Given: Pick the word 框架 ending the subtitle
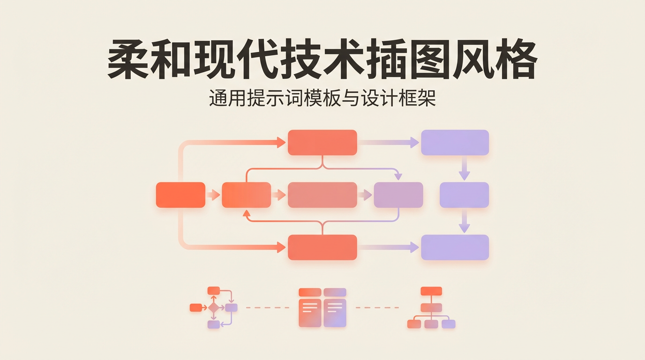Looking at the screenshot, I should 420,99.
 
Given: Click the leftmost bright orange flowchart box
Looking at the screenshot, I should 180,195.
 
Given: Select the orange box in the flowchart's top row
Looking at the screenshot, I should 322,142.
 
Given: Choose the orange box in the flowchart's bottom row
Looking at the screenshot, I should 322,247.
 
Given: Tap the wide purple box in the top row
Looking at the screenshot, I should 455,142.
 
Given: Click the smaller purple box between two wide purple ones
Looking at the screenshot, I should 464,195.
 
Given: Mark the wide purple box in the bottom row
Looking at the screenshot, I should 455,247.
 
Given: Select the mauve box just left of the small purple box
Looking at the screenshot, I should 398,195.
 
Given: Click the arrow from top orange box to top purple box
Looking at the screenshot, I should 389,142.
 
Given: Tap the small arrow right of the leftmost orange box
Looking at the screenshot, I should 213,195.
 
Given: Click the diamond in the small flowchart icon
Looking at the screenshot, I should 214,308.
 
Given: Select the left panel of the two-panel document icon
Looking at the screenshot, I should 310,312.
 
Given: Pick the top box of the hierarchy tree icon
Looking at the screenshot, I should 431,291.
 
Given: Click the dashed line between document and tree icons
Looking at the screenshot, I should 377,307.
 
